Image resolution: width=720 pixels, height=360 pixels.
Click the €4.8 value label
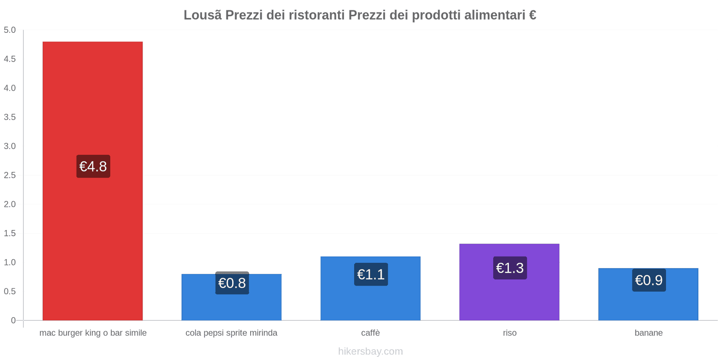click(x=93, y=166)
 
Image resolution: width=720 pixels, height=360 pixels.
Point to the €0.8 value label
click(x=232, y=283)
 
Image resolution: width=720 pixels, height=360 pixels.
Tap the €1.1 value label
click(x=371, y=274)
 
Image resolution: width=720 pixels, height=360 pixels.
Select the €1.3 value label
click(x=510, y=268)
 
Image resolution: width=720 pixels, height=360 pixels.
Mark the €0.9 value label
click(x=648, y=280)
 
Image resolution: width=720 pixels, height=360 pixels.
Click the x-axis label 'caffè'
click(x=370, y=333)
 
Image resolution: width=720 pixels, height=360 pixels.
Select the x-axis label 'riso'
click(x=509, y=333)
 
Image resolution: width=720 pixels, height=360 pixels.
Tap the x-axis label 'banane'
click(x=648, y=333)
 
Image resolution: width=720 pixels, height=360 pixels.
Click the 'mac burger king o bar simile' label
click(x=93, y=333)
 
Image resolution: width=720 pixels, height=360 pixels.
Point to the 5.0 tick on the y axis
click(x=9, y=30)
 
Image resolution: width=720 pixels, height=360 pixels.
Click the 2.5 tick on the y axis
click(x=9, y=175)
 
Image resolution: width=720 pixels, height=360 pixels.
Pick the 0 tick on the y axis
click(x=13, y=320)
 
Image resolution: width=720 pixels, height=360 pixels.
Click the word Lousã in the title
click(x=202, y=15)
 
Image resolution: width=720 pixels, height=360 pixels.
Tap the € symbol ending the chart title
click(x=532, y=15)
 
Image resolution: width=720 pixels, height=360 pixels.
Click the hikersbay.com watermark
click(x=370, y=351)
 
